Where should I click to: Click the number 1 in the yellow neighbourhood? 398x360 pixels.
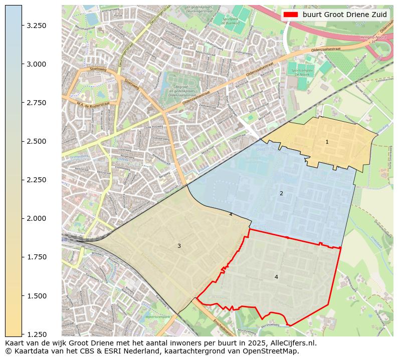click(327, 142)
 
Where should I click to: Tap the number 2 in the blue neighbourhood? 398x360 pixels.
click(281, 193)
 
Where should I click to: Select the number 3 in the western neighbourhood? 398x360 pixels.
click(179, 246)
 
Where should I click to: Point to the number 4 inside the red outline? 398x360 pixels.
click(276, 277)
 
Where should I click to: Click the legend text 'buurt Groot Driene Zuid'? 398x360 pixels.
click(344, 15)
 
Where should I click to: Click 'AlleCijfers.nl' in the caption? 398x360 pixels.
click(292, 343)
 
